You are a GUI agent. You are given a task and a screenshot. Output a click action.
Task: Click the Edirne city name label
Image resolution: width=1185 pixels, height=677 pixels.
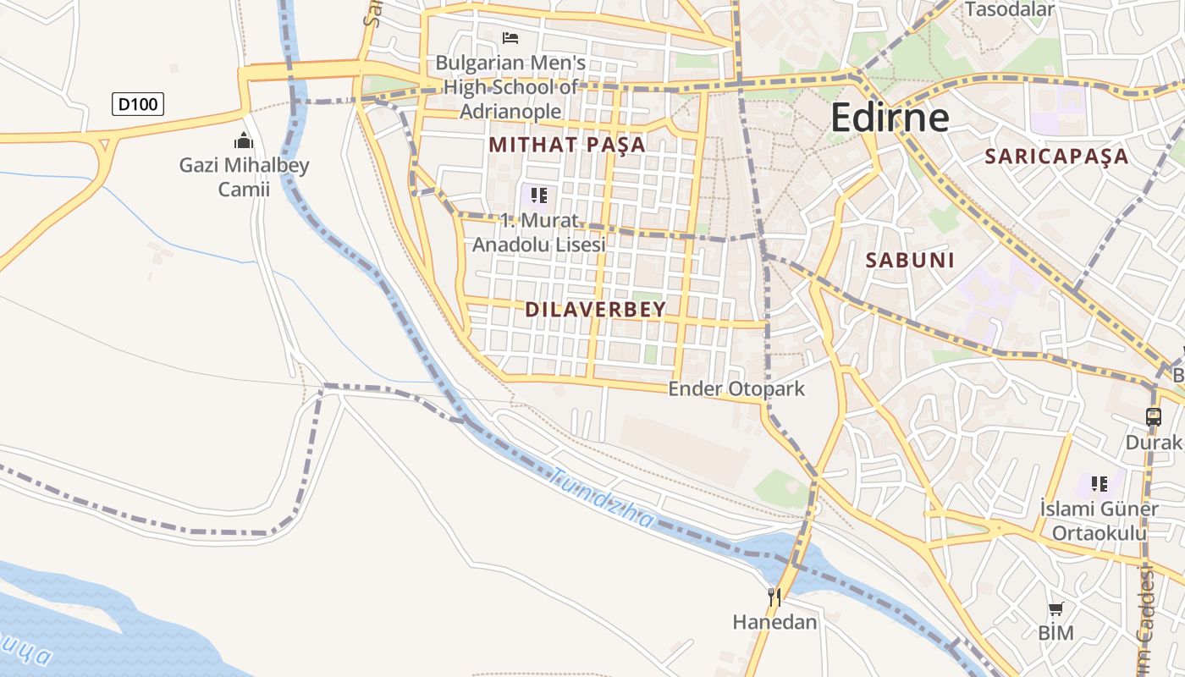pos(890,117)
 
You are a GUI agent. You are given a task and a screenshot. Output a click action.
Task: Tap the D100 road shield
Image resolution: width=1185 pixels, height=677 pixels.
pos(138,104)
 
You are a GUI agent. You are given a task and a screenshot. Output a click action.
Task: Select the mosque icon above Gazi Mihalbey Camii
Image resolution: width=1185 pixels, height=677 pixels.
pos(244,140)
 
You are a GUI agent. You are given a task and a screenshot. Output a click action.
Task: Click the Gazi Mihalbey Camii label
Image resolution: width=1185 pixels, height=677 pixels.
pos(244,177)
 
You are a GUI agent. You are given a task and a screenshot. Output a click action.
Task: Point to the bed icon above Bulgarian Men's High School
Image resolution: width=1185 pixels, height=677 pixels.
pos(510,38)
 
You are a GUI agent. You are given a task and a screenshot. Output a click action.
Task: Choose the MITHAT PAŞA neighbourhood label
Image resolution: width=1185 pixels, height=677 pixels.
pos(567,145)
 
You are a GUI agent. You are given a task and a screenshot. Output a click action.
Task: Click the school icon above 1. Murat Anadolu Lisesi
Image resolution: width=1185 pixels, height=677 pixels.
pos(539,196)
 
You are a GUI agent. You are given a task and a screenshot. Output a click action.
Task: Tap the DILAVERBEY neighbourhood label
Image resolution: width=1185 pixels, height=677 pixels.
pos(596,310)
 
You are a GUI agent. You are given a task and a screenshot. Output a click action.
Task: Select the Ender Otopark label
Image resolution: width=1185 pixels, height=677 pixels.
pos(736,389)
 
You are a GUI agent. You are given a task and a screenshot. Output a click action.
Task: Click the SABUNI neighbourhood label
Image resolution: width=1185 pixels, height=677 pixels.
pos(910,261)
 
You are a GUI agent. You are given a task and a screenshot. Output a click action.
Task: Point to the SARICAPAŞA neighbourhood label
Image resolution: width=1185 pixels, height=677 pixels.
pos(1056,157)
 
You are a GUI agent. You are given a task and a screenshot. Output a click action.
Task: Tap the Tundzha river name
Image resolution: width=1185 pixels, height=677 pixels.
pos(602,498)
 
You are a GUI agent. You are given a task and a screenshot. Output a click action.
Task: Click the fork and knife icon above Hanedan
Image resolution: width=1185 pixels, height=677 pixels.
pos(774,597)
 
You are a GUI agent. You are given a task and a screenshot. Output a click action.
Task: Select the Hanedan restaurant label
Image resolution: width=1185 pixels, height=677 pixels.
pos(774,623)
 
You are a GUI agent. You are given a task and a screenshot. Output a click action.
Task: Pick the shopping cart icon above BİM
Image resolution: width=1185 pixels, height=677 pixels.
pos(1055,609)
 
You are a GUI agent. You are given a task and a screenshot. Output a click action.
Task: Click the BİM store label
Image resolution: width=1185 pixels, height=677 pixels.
pos(1055,633)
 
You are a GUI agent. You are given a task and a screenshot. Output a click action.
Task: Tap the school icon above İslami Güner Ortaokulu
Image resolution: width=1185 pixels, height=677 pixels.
pos(1100,484)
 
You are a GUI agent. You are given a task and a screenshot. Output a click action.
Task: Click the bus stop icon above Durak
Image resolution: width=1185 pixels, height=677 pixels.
pos(1154,417)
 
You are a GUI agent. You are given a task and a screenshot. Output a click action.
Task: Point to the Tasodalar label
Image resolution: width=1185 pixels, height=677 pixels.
pos(1010,10)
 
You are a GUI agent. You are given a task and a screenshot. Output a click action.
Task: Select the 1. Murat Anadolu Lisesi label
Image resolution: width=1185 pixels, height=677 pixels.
pos(539,233)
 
